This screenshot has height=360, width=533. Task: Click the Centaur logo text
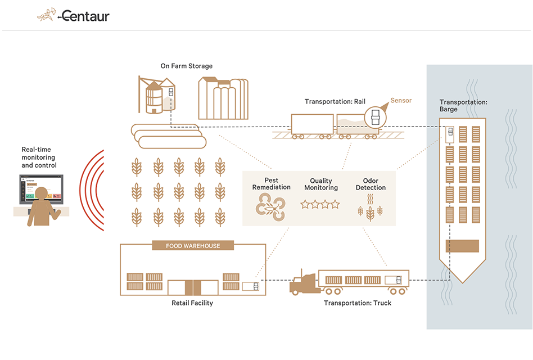click(85, 16)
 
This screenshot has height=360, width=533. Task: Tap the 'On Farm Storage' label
click(187, 66)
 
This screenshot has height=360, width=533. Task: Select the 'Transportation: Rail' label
click(335, 102)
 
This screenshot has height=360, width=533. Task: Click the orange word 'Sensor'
click(401, 101)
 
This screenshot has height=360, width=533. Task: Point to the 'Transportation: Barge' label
click(463, 106)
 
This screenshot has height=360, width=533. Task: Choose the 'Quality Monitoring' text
click(320, 184)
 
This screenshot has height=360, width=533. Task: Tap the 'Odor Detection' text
click(371, 184)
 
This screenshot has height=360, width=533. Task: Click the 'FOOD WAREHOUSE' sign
click(193, 246)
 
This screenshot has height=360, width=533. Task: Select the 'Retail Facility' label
click(192, 303)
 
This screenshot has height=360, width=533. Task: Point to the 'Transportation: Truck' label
click(358, 303)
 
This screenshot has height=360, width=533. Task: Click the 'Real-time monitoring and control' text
click(39, 157)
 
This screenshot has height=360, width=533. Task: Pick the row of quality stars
click(320, 204)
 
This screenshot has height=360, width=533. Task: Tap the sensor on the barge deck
click(451, 134)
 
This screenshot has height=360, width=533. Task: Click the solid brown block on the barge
click(462, 246)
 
